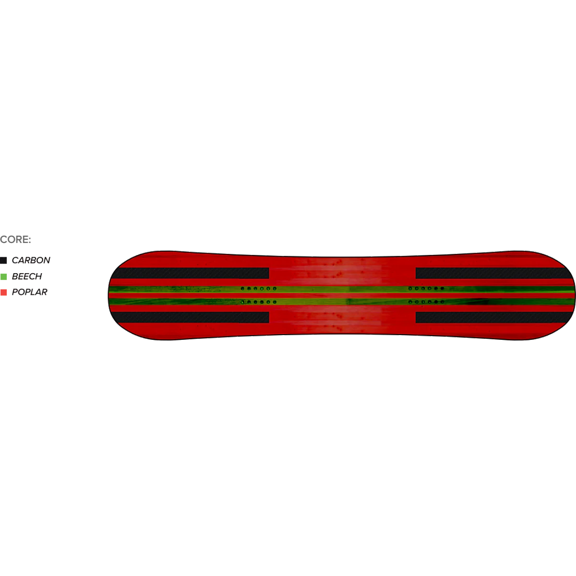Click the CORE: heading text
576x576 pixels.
[x=15, y=240]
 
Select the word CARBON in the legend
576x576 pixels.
[x=31, y=260]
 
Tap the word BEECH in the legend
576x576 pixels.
[x=27, y=276]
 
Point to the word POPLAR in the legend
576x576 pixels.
[x=30, y=292]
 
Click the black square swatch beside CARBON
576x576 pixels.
[x=3, y=260]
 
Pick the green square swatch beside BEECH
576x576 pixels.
[x=3, y=276]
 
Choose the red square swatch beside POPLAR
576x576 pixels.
[x=3, y=292]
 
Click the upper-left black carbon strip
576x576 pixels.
[x=191, y=273]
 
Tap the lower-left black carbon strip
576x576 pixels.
[x=191, y=317]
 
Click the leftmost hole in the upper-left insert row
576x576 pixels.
[x=243, y=288]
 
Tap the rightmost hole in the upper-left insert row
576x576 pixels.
[x=275, y=288]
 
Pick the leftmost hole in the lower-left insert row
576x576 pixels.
[x=243, y=302]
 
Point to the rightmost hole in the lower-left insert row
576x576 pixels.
[x=275, y=302]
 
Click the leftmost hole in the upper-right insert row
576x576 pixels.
[x=410, y=288]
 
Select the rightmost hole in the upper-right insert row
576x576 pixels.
[x=443, y=288]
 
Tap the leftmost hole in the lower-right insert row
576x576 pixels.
[x=410, y=302]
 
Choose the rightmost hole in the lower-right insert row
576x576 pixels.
[x=443, y=302]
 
